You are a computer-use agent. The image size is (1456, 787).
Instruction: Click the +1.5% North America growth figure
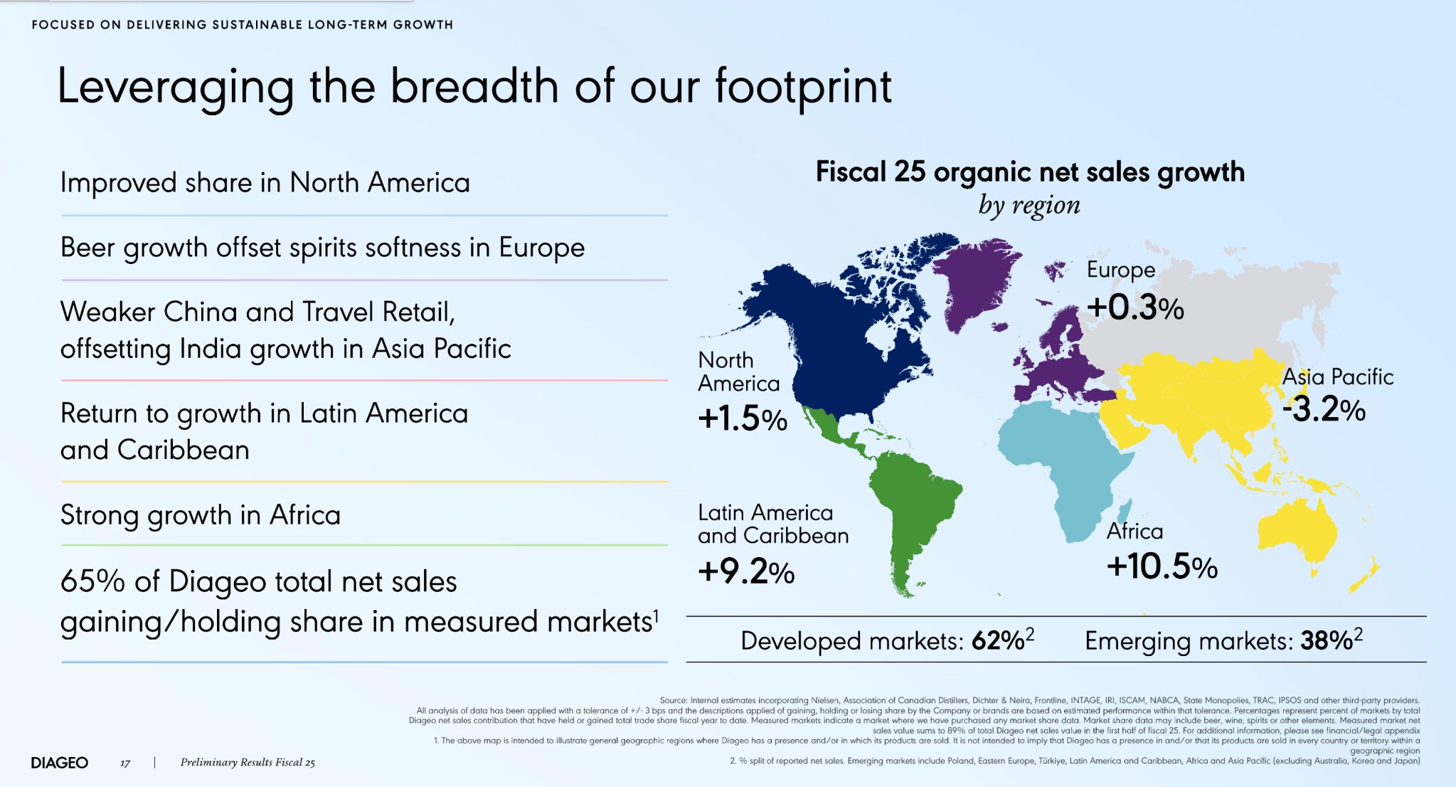point(743,418)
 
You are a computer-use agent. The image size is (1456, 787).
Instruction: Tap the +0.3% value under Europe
point(1135,307)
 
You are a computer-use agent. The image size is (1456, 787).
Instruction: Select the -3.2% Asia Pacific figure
point(1324,409)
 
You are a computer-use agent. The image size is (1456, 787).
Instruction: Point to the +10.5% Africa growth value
point(1162,566)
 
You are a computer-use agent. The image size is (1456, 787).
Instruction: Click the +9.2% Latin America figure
point(746,571)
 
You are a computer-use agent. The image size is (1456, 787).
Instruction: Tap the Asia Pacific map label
point(1338,376)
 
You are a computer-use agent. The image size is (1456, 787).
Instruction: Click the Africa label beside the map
point(1135,531)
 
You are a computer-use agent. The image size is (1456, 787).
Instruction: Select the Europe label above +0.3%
point(1121,270)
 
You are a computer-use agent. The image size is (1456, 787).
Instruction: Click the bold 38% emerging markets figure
point(1327,640)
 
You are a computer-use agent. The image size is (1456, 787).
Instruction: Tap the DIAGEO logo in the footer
point(60,763)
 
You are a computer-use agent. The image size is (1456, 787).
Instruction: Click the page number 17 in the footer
point(125,763)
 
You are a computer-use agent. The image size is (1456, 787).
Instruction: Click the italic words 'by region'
point(1029,205)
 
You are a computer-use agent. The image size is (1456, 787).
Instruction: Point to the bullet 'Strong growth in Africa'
point(201,515)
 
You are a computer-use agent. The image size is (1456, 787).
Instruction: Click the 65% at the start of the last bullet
point(92,581)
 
